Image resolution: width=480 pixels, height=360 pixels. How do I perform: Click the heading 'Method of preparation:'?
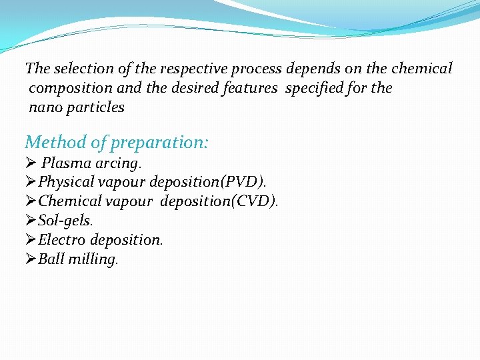pos(117,142)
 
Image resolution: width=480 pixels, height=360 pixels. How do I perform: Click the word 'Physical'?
pos(67,182)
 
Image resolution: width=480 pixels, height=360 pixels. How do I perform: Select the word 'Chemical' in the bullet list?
pos(68,201)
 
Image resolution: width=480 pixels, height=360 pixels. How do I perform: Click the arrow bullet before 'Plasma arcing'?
pos(31,163)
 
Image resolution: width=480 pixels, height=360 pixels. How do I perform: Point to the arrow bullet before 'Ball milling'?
pos(31,259)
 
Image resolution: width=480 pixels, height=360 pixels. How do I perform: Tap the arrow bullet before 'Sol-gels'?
pos(31,221)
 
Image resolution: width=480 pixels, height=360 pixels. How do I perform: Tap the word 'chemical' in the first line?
pos(422,69)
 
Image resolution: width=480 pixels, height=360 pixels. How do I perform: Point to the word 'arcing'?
pos(117,163)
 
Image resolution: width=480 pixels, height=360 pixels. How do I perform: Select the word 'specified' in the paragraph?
pos(317,88)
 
